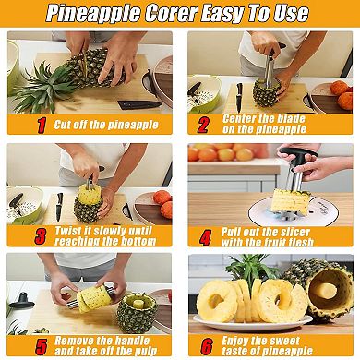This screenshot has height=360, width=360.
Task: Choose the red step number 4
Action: click(x=206, y=236)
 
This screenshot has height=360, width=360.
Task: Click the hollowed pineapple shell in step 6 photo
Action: click(x=328, y=291)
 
